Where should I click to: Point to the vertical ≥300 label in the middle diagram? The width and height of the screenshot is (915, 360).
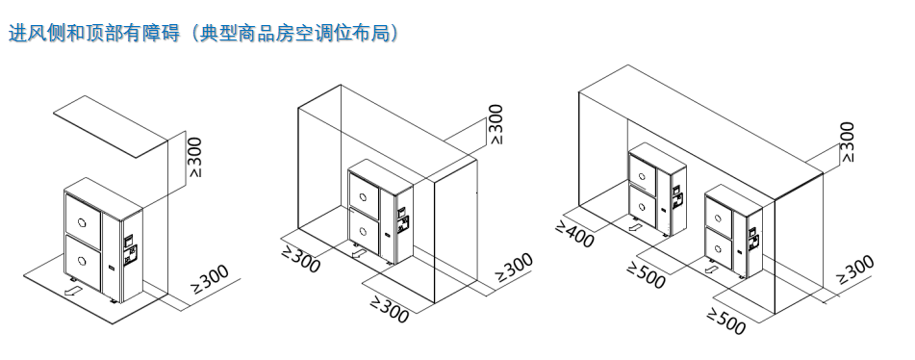[x=496, y=124]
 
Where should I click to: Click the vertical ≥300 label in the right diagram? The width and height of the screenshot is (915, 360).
[x=846, y=142]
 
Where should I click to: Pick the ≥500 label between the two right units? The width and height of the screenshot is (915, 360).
[x=646, y=273]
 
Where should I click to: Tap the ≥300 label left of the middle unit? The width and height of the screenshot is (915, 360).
[x=299, y=257]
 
